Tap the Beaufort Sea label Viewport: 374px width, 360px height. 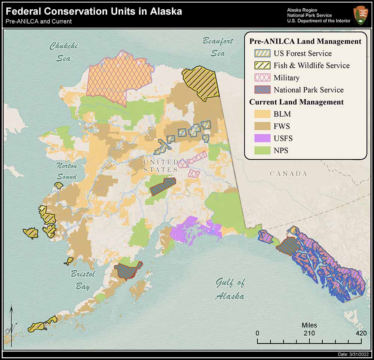[x=218, y=47]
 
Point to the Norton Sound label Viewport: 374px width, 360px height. [x=67, y=171]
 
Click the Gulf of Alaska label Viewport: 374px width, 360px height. [x=230, y=289]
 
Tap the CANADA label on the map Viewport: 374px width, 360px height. [x=288, y=174]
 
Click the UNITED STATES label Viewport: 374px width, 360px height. [x=160, y=166]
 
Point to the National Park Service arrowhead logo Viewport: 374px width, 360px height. [x=360, y=15]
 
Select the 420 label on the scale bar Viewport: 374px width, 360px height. [x=361, y=333]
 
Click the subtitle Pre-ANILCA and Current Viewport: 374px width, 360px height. [x=39, y=21]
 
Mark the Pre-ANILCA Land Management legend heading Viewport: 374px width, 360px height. [x=305, y=41]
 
